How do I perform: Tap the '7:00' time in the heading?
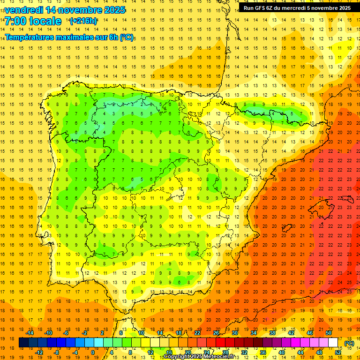point(15,22)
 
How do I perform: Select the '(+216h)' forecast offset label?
point(83,21)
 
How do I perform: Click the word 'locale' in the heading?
point(45,22)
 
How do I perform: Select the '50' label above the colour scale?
point(329,332)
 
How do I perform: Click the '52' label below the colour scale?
point(338,352)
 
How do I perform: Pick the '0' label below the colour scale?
point(93,352)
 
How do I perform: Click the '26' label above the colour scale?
point(216,332)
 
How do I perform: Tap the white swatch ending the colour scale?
point(333,343)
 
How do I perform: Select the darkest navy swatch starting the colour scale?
point(23,343)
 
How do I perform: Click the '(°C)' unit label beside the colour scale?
point(349,343)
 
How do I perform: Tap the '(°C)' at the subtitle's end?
point(127,37)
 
